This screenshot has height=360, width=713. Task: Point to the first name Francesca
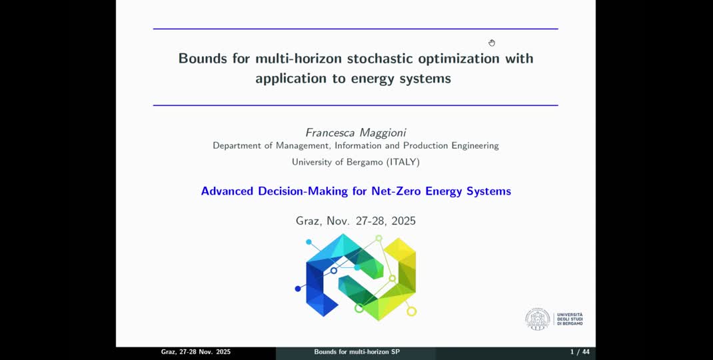tap(330, 132)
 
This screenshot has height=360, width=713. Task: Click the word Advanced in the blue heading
tap(227, 191)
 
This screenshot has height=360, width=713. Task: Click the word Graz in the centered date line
tap(309, 221)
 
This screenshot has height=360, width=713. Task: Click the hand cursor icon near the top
tap(492, 43)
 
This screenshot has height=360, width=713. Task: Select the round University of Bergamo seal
tap(537, 319)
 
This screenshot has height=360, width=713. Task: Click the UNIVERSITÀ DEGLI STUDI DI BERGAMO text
tap(570, 319)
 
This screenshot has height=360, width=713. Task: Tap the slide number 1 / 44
tap(580, 352)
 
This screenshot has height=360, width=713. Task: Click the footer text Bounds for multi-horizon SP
tap(356, 352)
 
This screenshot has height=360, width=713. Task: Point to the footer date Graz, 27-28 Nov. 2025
tap(196, 352)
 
